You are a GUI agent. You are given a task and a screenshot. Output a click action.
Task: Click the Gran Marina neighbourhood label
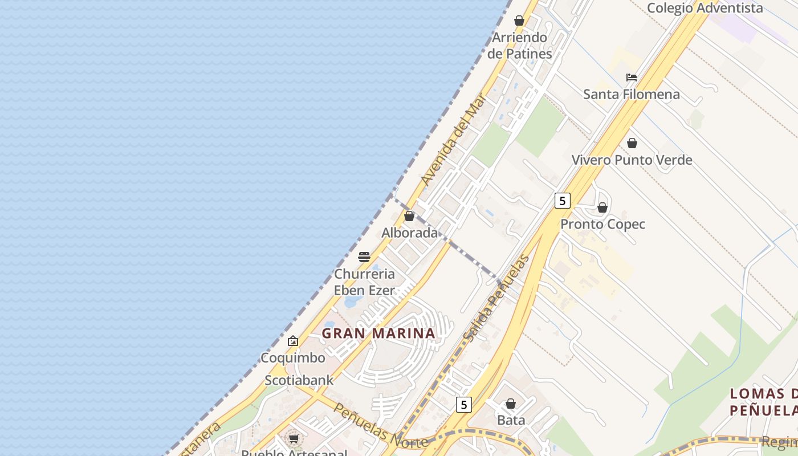coord(378,333)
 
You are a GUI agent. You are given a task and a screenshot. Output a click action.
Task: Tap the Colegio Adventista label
coord(705,8)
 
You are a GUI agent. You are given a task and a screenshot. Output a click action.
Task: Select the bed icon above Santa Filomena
coord(632,78)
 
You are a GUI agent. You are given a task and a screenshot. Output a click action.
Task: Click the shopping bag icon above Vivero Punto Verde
coord(632,143)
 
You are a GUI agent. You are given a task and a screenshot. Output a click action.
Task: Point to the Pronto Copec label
coord(602,224)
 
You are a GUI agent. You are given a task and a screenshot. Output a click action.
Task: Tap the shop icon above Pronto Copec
coord(602,207)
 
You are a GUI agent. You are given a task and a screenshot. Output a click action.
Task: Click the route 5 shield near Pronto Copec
coord(562,201)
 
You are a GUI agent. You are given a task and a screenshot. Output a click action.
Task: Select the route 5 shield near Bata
coord(463,405)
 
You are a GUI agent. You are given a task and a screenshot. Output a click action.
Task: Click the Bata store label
coord(511,420)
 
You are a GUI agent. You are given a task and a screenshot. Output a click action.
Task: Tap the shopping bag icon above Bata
coord(511,404)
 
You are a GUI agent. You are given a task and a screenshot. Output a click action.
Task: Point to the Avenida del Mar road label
coord(453,140)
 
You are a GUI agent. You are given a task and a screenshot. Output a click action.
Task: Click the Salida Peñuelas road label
coord(496,299)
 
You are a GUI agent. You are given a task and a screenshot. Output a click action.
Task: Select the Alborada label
coord(409,233)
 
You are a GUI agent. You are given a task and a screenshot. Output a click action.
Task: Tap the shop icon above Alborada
coord(409,216)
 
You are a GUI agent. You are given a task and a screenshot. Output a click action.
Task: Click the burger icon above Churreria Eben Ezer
coord(364,257)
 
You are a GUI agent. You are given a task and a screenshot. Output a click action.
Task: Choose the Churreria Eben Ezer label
coord(364,282)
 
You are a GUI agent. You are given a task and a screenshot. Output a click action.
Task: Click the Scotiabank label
coord(299,380)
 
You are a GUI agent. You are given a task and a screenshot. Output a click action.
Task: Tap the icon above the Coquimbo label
coord(293,341)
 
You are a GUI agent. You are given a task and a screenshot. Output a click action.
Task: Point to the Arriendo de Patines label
coord(519,46)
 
